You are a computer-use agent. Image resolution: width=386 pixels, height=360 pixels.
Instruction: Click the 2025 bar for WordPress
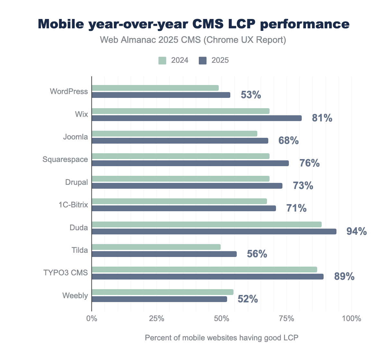pos(161,95)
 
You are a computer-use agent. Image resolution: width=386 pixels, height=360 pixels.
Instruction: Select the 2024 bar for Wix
pos(180,111)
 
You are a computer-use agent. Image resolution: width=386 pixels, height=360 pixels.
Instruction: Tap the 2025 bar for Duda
pos(214,232)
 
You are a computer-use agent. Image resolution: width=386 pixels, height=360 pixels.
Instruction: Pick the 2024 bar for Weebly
pos(162,292)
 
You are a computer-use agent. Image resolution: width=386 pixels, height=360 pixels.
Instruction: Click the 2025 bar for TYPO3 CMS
pos(207,277)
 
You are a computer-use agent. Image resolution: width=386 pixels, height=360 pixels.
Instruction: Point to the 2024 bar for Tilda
pos(156,247)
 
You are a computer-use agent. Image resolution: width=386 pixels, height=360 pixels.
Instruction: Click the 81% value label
pos(322,118)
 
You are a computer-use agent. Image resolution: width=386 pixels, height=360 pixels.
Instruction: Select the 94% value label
pos(356,231)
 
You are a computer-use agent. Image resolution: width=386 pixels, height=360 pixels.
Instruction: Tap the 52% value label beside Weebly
pos(248,299)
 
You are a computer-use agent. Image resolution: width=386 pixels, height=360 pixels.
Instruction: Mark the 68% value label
pos(289,141)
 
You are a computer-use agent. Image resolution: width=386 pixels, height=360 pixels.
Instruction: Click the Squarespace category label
pos(65,159)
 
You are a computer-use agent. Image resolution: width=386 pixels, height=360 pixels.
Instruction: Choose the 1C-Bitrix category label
pos(73,204)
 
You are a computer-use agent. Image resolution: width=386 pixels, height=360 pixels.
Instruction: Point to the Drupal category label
pos(76,182)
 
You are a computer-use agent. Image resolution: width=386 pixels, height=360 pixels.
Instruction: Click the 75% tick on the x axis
pos(287,319)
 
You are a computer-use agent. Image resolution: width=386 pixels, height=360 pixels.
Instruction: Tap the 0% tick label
pos(92,319)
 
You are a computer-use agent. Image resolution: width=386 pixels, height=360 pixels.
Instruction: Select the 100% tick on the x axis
pos(352,319)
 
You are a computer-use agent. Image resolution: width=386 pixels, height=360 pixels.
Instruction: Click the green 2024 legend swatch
pos(162,61)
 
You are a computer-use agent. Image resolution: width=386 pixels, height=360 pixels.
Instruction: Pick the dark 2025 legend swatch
pos(203,61)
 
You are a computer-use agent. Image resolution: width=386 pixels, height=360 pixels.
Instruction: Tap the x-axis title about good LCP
pos(222,338)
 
